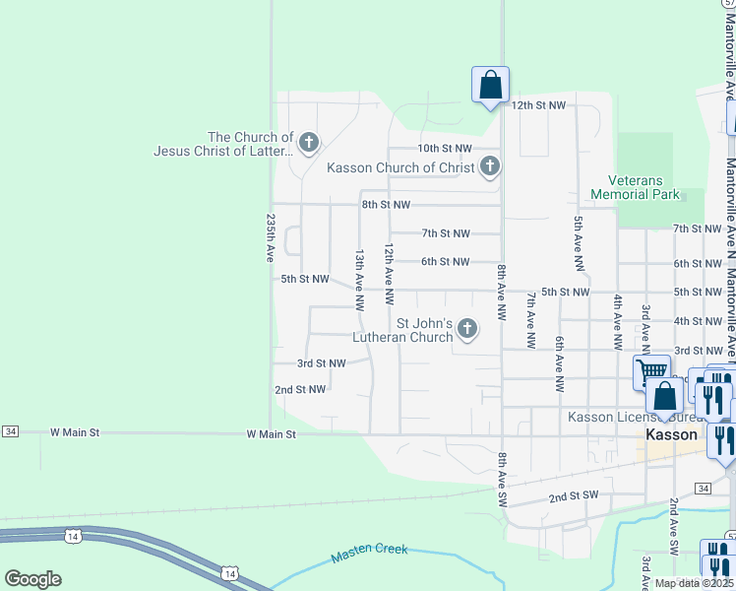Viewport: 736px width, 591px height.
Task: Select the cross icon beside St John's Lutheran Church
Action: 466,329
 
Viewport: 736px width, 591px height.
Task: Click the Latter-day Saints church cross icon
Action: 308,144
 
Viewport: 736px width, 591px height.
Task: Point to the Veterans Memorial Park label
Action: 636,187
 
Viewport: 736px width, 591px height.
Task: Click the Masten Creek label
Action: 370,550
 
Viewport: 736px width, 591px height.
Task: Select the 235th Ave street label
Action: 270,238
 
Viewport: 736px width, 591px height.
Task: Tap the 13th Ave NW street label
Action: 360,275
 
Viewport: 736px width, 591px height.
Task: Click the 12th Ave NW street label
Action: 389,273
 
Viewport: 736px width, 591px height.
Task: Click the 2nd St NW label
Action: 300,390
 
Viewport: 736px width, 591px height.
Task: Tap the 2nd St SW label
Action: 574,497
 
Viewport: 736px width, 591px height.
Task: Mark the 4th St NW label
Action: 699,321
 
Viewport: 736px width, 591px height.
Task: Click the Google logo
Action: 32,579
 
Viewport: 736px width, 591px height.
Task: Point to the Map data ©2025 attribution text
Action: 693,583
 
